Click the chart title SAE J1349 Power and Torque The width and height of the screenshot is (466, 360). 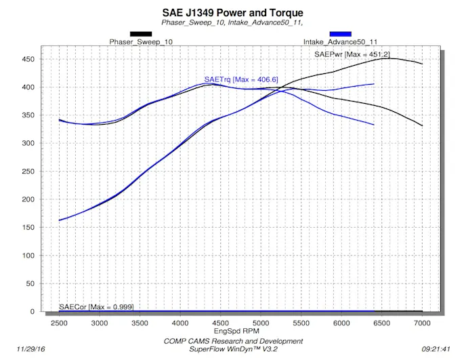tap(233, 13)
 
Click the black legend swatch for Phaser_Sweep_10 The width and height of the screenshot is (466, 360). tap(141, 33)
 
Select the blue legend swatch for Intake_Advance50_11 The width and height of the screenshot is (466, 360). tap(340, 33)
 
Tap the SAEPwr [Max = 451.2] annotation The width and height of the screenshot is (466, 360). tap(352, 54)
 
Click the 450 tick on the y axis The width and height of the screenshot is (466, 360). tap(28, 59)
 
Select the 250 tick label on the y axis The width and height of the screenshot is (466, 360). tap(28, 172)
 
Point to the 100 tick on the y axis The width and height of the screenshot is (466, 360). tap(28, 256)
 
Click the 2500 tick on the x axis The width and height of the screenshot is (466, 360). tap(60, 323)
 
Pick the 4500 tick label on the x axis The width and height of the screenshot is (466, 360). tap(221, 323)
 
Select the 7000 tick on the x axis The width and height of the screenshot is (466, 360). tap(422, 323)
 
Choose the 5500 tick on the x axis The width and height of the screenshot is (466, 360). tap(301, 323)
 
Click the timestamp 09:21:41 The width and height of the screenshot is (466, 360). tap(437, 349)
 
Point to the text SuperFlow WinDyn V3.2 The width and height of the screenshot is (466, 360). tap(233, 350)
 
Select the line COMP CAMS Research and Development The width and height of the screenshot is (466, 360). tap(233, 341)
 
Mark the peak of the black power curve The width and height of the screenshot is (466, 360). tap(387, 58)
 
